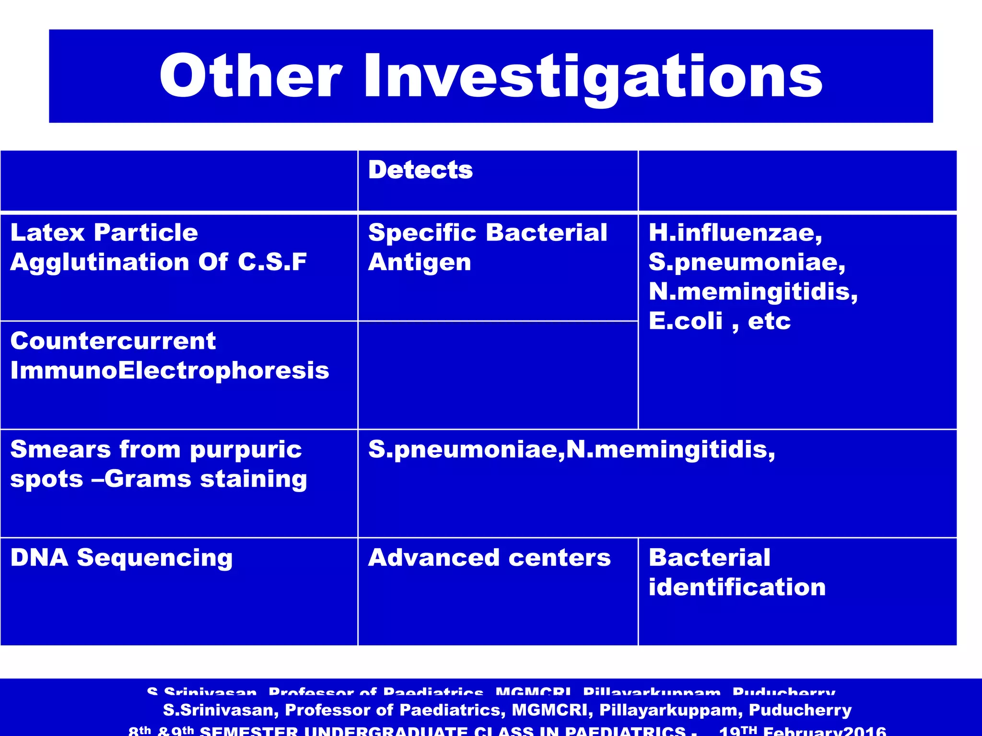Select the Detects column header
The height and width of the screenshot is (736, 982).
[420, 170]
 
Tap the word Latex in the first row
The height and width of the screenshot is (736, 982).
[47, 232]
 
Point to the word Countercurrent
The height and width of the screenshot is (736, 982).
[113, 341]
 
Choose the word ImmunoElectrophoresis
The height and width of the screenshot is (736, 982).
[170, 370]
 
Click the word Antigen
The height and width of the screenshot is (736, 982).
[420, 263]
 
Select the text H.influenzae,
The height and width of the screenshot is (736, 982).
[735, 233]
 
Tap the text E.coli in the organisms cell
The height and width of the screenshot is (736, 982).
[685, 321]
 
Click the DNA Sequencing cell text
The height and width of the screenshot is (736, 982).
[121, 558]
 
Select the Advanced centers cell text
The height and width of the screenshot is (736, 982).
[489, 558]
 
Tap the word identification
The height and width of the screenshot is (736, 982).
[736, 587]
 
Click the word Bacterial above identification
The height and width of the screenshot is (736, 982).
[709, 558]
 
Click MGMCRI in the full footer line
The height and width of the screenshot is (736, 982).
[550, 710]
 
